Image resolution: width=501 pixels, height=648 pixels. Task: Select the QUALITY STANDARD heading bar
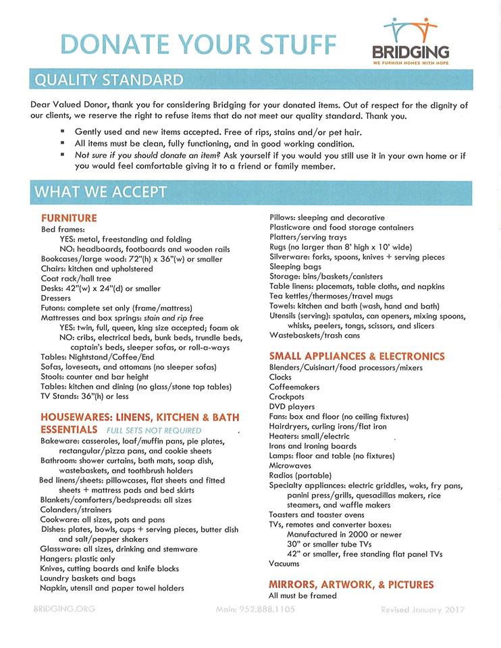[109, 80]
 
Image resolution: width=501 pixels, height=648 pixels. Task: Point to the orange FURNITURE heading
[69, 218]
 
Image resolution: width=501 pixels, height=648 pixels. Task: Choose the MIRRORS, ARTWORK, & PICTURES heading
[351, 585]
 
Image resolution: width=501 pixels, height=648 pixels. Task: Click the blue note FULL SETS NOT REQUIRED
[154, 430]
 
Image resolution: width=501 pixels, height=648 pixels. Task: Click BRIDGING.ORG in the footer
[64, 609]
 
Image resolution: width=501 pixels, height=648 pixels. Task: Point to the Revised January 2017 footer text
[423, 610]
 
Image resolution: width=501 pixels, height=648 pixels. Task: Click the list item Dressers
[55, 298]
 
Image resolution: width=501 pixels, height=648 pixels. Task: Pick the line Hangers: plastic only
[78, 559]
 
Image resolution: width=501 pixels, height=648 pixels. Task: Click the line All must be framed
[302, 596]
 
